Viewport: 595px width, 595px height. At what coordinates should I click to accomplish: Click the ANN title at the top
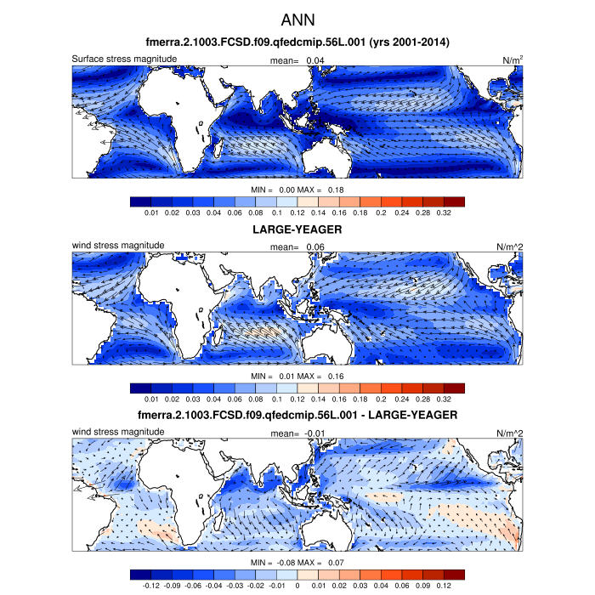[297, 18]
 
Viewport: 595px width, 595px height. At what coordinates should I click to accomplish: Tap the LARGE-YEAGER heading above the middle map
[297, 229]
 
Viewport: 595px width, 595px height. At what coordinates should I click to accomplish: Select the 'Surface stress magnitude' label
[124, 59]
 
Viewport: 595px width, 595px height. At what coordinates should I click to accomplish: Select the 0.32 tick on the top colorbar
[443, 212]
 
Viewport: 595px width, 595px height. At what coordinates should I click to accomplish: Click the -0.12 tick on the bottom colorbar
[152, 586]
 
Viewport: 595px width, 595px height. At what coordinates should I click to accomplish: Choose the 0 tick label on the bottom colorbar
[297, 586]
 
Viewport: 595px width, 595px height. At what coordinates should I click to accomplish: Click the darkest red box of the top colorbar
[454, 201]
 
